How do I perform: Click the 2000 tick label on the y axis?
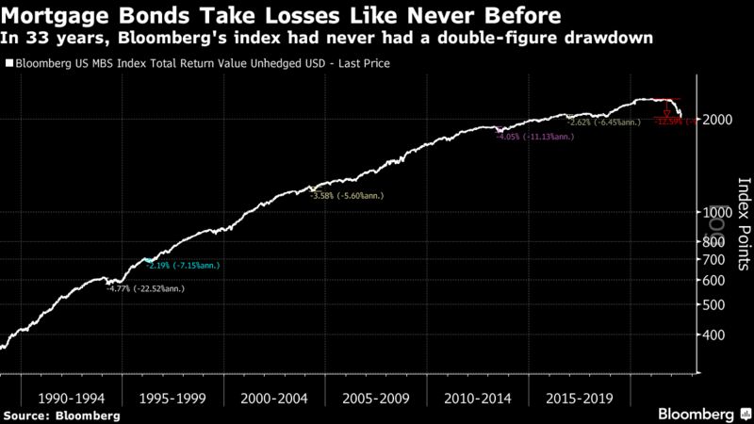718,121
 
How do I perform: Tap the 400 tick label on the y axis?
714,334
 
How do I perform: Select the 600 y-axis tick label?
714,281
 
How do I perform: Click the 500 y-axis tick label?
714,305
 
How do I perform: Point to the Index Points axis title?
743,217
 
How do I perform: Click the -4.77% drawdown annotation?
147,288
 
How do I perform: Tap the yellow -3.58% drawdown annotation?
347,195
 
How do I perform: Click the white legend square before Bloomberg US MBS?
9,64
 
